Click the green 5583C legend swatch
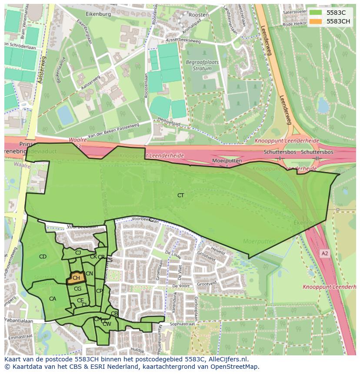click(316, 12)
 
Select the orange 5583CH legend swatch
click(316, 21)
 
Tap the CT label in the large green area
click(180, 195)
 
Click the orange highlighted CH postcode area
click(76, 278)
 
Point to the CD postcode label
click(43, 257)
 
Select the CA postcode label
click(53, 299)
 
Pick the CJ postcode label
click(78, 252)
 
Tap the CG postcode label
click(77, 289)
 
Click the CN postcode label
click(89, 274)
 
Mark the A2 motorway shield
click(324, 252)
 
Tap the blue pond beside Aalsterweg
click(65, 115)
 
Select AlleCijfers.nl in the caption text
click(226, 359)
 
